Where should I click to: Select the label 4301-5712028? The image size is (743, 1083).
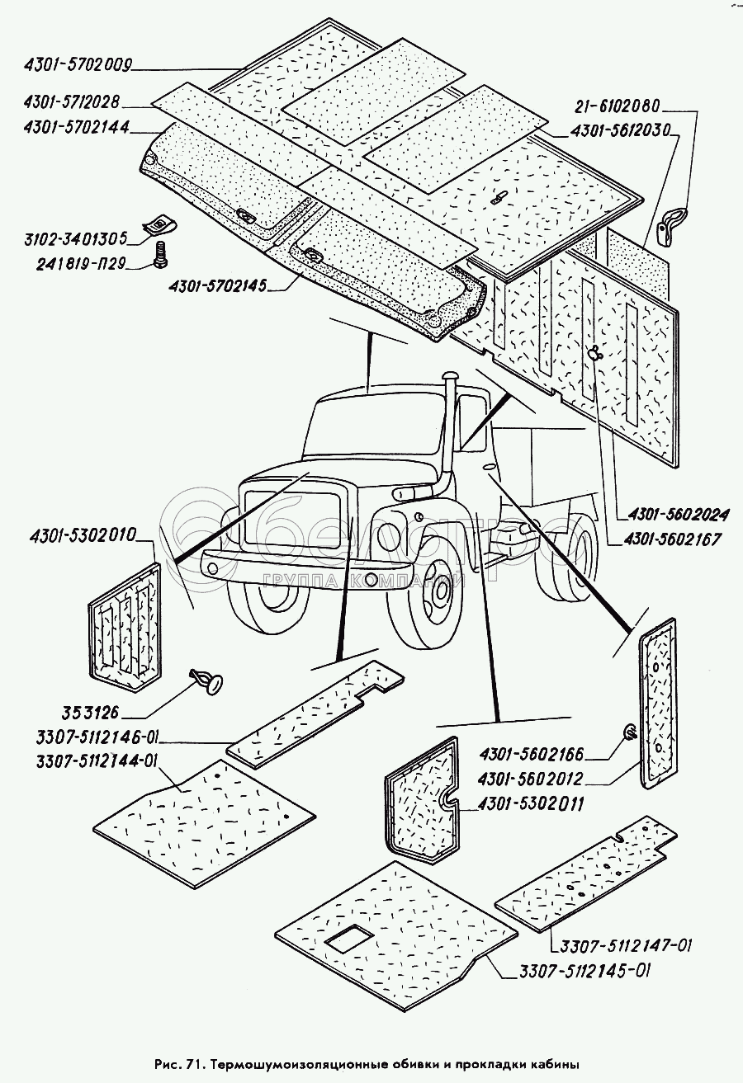(x=73, y=104)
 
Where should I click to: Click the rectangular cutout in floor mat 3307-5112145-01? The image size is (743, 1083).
(x=349, y=937)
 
